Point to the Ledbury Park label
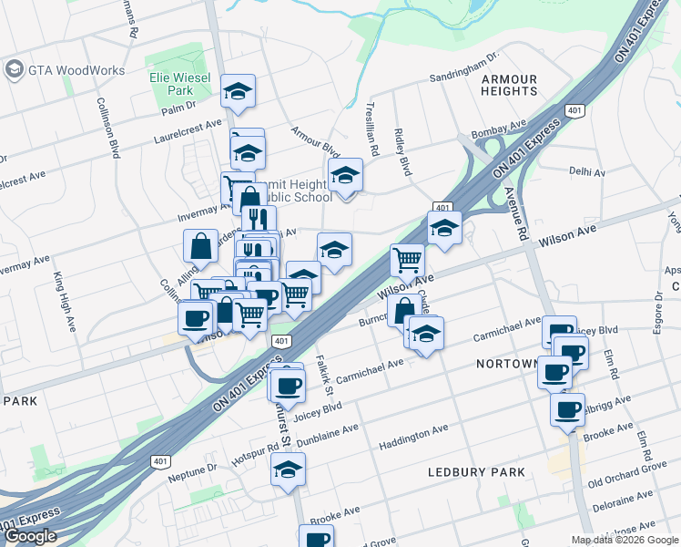click(477, 471)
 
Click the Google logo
click(30, 536)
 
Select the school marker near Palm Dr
click(238, 90)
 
